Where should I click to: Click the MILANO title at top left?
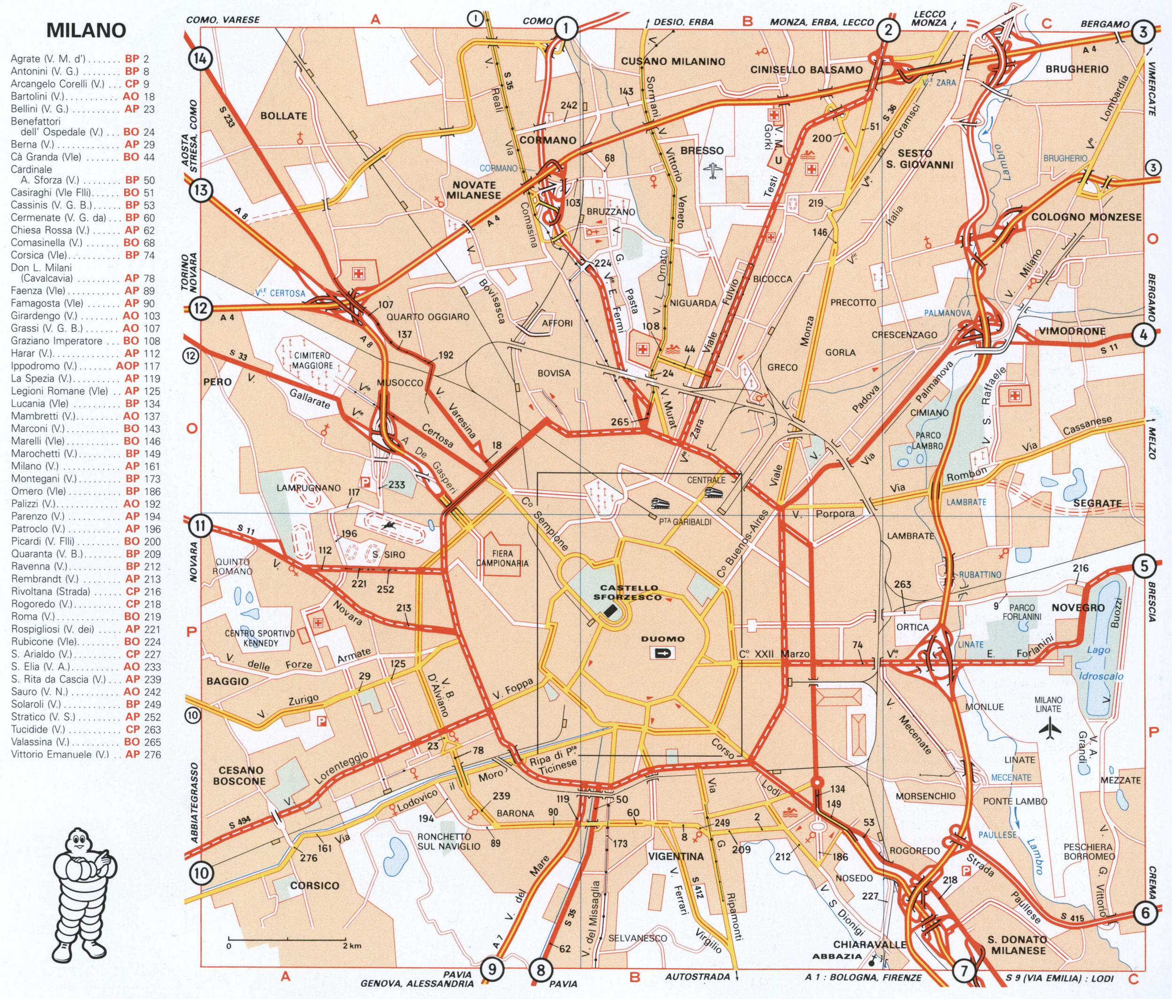[x=86, y=30]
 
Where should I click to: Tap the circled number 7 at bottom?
[x=964, y=971]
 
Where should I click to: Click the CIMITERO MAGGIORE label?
[x=313, y=360]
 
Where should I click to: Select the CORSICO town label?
[x=315, y=885]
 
